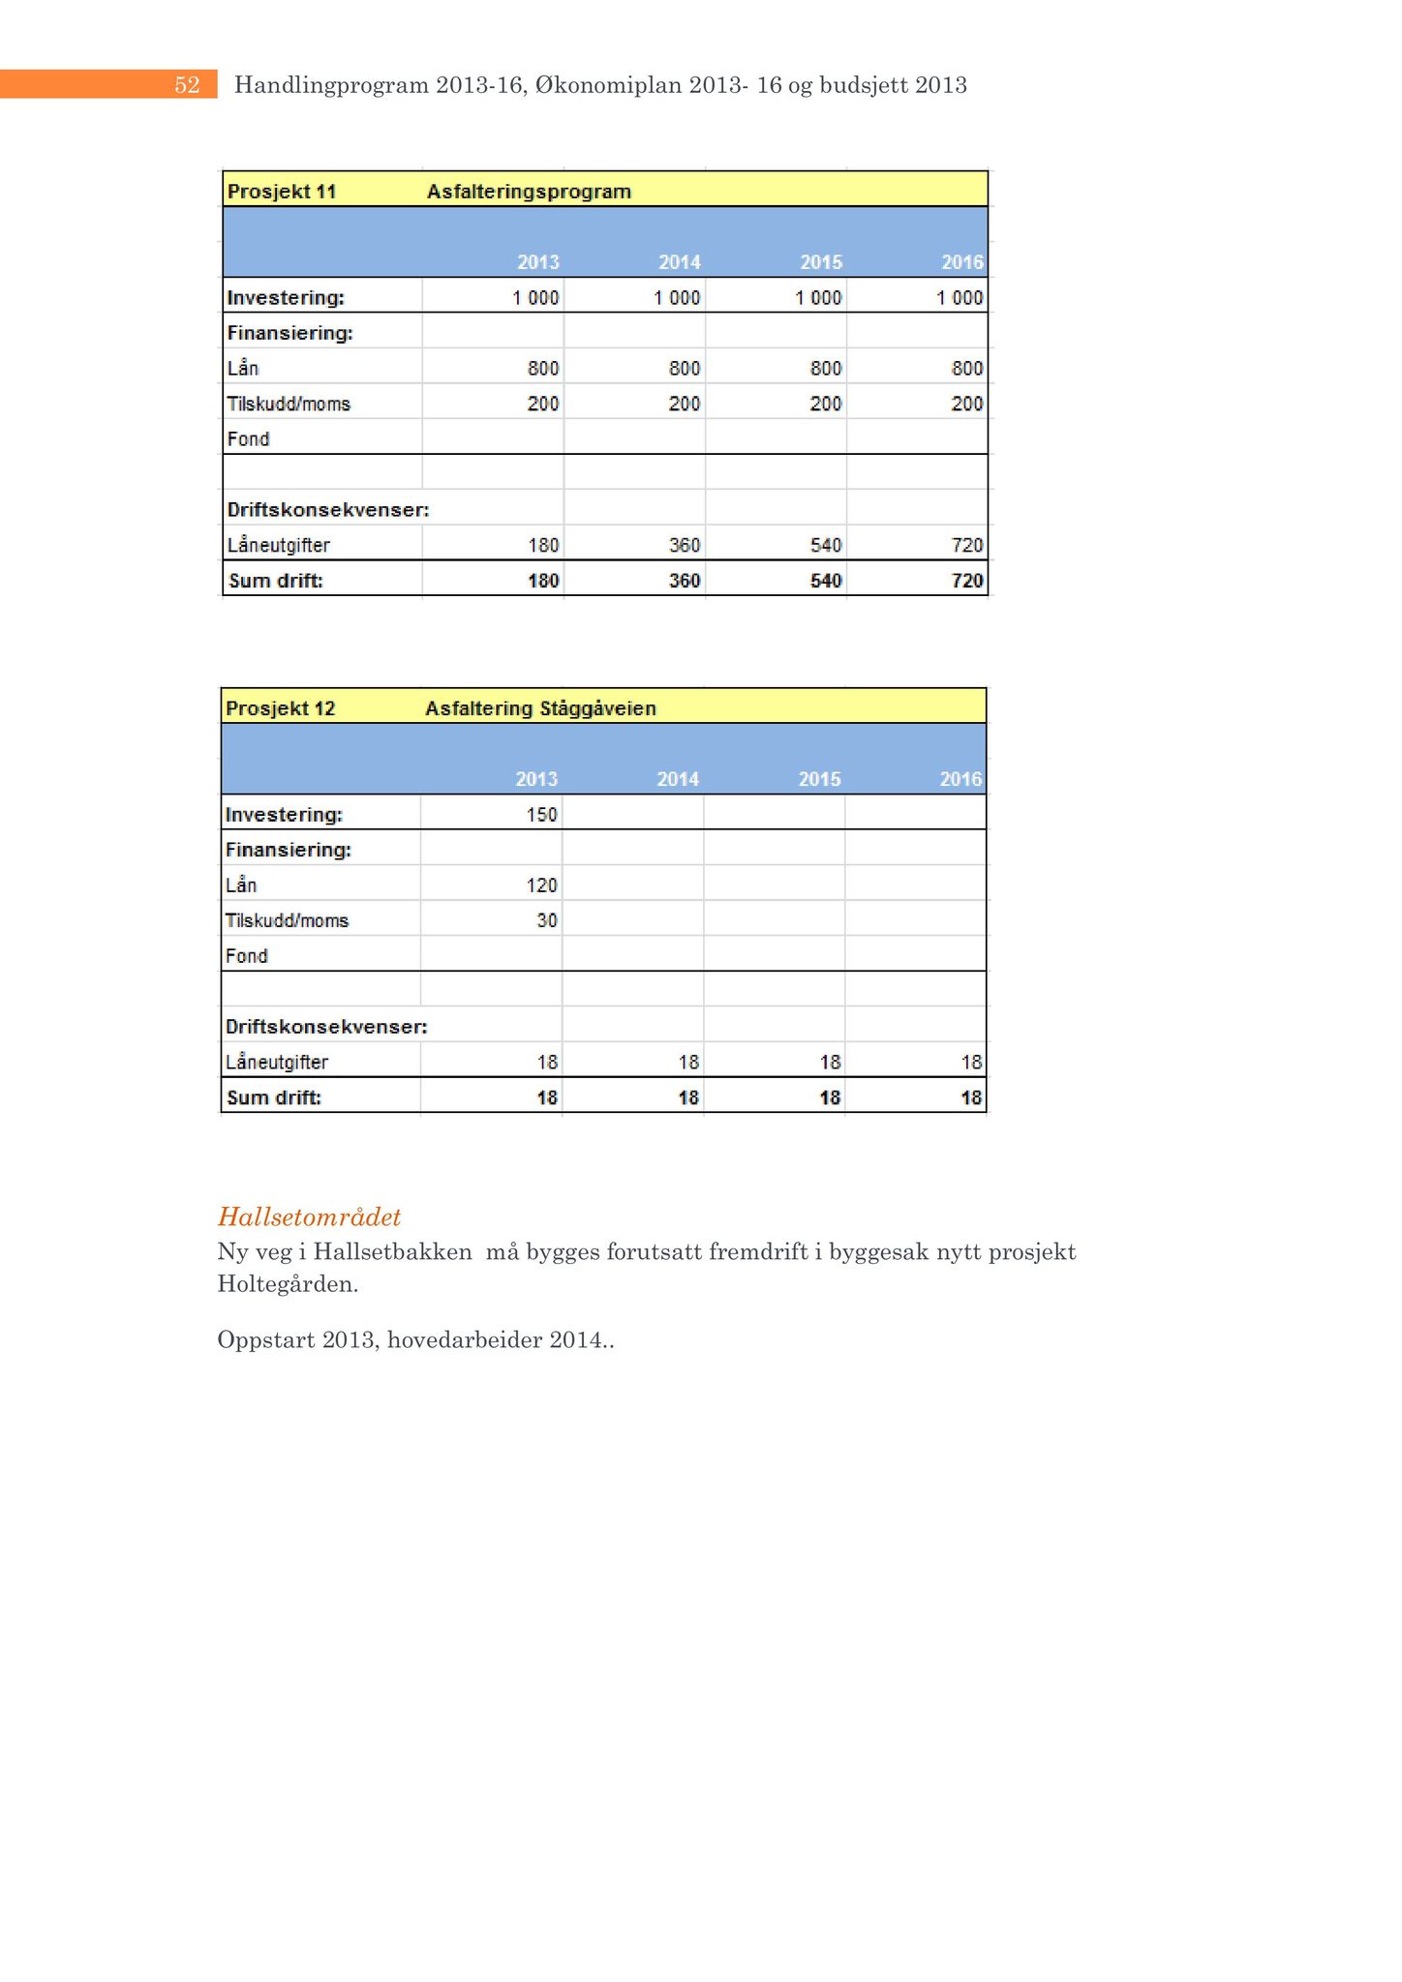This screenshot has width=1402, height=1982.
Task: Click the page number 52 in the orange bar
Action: coord(187,85)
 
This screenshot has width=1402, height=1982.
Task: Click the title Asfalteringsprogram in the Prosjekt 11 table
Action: coord(529,192)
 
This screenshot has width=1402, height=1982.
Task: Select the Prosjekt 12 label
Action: coord(280,708)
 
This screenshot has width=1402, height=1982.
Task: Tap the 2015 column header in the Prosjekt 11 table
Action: coord(821,262)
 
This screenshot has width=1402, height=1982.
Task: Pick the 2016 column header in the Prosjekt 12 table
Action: coord(960,779)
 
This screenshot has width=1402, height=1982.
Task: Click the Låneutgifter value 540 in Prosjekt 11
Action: coord(826,546)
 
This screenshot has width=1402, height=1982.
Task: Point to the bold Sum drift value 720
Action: coord(967,581)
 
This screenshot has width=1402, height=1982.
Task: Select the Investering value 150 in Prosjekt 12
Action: coord(541,815)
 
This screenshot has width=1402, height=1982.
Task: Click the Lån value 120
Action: coord(541,886)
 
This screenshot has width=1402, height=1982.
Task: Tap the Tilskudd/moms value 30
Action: coord(547,920)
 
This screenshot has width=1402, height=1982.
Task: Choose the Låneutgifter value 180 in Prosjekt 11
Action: coord(543,546)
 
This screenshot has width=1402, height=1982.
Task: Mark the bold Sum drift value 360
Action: coord(685,581)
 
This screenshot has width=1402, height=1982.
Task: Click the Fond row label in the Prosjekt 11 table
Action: coord(248,439)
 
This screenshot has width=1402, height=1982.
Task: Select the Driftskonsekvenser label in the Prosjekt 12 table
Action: coord(326,1027)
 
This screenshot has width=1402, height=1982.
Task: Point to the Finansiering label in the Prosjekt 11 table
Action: coord(290,334)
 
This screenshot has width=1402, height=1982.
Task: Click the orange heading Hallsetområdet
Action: coord(309,1216)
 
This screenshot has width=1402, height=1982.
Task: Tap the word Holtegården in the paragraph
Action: coord(287,1285)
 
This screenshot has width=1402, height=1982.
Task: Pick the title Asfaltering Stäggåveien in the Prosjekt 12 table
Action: coord(540,708)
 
